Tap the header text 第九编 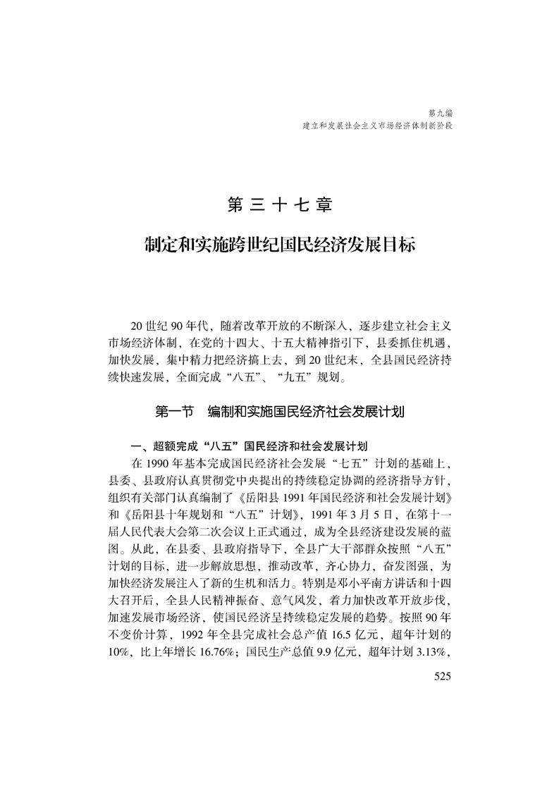(x=440, y=112)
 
